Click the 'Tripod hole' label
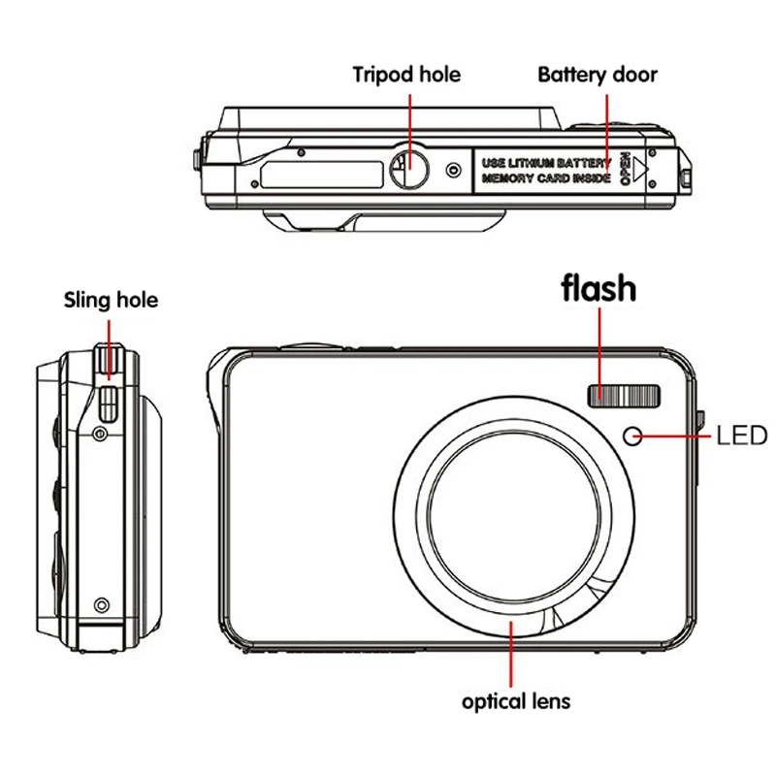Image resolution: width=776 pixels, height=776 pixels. pyautogui.click(x=405, y=75)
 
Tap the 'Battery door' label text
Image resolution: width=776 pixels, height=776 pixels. pyautogui.click(x=598, y=75)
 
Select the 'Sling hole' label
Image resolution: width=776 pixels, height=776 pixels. pyautogui.click(x=111, y=300)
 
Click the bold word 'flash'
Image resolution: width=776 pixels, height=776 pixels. pyautogui.click(x=599, y=288)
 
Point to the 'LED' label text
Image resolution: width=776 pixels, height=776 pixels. pyautogui.click(x=741, y=436)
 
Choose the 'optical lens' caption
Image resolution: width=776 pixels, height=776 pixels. pyautogui.click(x=516, y=701)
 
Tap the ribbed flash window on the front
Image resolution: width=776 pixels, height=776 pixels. pyautogui.click(x=624, y=395)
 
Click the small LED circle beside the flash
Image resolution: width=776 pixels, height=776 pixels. pyautogui.click(x=633, y=436)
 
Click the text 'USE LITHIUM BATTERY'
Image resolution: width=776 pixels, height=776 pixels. pyautogui.click(x=546, y=161)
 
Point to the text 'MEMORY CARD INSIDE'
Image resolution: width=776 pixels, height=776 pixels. pyautogui.click(x=546, y=179)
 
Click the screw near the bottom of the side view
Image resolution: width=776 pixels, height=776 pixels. pyautogui.click(x=99, y=605)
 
